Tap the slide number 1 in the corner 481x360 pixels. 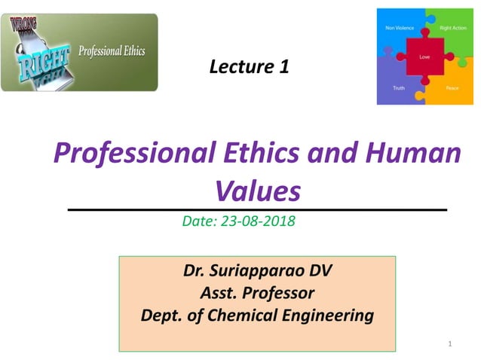tap(449, 344)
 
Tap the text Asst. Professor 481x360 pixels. tap(257, 292)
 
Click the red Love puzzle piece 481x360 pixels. tap(424, 56)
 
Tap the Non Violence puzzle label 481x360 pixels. tap(399, 28)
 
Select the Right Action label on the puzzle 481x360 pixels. tap(452, 28)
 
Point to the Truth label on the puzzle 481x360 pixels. tap(399, 88)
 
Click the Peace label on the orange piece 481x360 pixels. tap(452, 88)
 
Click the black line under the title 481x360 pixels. tap(257, 209)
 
